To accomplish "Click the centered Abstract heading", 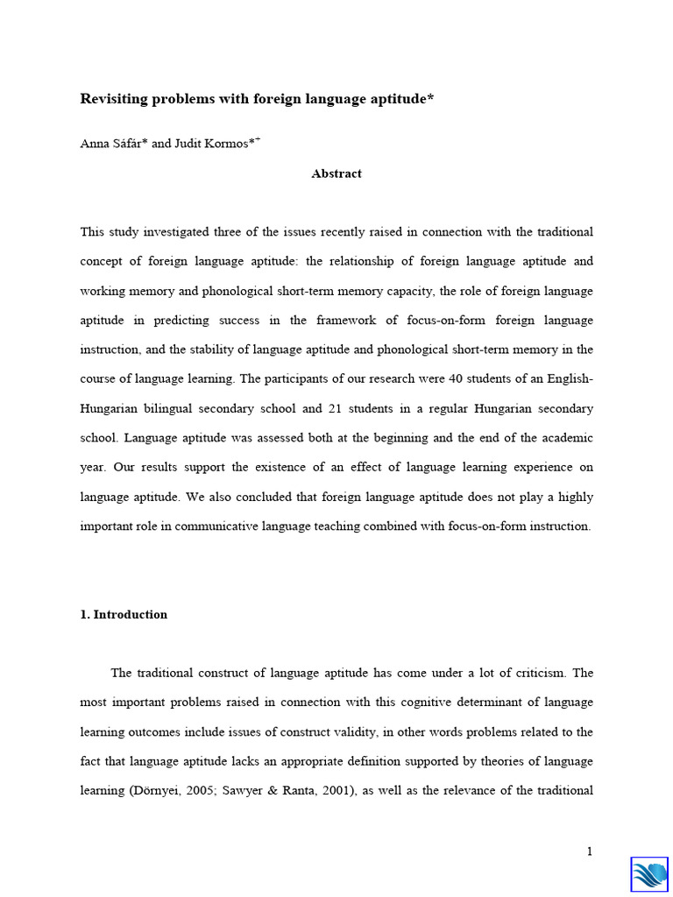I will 336,173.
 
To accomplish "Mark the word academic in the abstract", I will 562,438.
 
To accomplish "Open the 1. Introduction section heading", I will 124,614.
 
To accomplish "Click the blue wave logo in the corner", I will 649,874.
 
